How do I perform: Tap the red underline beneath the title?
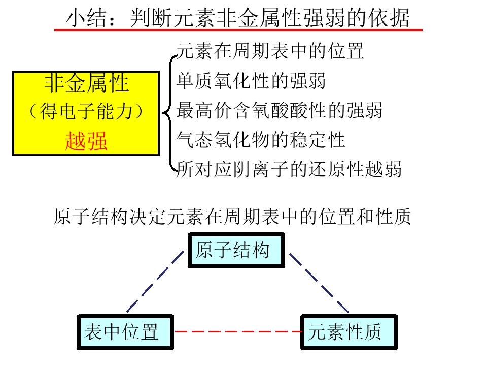[238, 30]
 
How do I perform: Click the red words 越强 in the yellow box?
[86, 141]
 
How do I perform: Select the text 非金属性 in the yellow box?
[86, 83]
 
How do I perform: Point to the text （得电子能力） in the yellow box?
[86, 112]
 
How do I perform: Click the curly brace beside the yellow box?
[169, 113]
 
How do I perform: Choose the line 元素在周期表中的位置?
[270, 51]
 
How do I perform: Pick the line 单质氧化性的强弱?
[251, 81]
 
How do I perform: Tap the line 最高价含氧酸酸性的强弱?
[279, 110]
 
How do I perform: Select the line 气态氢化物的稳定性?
[261, 140]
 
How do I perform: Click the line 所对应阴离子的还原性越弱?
[289, 169]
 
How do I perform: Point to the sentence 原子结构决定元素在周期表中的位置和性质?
[232, 217]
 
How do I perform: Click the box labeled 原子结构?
[236, 251]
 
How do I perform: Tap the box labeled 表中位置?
[125, 332]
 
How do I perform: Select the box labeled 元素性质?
[349, 332]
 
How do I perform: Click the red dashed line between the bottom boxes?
[237, 331]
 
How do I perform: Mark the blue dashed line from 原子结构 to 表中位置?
[155, 281]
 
